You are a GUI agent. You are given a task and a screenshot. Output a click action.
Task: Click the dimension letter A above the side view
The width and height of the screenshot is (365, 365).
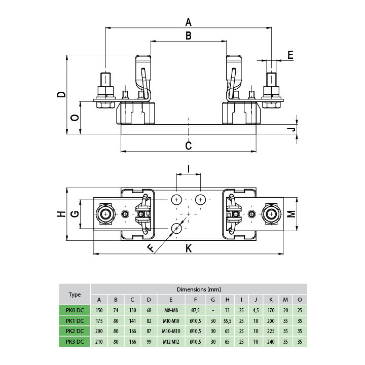pyautogui.click(x=188, y=22)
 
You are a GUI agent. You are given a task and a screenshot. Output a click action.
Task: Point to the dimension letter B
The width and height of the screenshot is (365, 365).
pyautogui.click(x=188, y=36)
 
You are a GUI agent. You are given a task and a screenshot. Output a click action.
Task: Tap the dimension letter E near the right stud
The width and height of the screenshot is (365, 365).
pyautogui.click(x=290, y=55)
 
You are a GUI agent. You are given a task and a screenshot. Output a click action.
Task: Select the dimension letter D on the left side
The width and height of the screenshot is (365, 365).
pyautogui.click(x=62, y=94)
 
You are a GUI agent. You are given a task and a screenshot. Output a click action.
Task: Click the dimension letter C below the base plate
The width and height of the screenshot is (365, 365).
pyautogui.click(x=188, y=145)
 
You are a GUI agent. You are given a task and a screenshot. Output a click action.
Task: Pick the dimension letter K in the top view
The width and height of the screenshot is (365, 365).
pyautogui.click(x=189, y=248)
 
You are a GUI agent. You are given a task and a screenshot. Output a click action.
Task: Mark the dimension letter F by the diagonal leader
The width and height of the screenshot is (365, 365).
pyautogui.click(x=151, y=248)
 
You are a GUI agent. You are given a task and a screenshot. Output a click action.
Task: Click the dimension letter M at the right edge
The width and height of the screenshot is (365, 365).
pyautogui.click(x=291, y=214)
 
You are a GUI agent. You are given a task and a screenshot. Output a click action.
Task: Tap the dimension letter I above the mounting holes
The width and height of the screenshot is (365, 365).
pyautogui.click(x=188, y=168)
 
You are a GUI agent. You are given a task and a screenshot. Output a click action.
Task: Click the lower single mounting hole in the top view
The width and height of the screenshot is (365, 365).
pyautogui.click(x=177, y=228)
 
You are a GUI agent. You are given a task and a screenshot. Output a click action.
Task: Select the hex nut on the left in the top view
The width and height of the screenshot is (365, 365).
pyautogui.click(x=105, y=214)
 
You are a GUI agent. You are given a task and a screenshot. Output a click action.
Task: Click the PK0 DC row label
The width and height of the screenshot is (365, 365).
pyautogui.click(x=75, y=310)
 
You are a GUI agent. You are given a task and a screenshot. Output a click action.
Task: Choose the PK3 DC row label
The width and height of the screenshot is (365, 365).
pyautogui.click(x=75, y=342)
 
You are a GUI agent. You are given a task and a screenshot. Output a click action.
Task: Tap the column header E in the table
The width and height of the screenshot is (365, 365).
pyautogui.click(x=171, y=300)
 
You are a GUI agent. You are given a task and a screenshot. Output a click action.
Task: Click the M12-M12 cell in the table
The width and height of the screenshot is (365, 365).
pyautogui.click(x=171, y=342)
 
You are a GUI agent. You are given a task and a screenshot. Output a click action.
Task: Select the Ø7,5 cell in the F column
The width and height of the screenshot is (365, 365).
pyautogui.click(x=195, y=310)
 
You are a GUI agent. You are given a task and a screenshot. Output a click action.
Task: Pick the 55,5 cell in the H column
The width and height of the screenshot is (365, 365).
pyautogui.click(x=227, y=321)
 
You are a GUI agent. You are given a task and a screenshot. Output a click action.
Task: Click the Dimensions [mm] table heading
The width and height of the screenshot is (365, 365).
pyautogui.click(x=199, y=289)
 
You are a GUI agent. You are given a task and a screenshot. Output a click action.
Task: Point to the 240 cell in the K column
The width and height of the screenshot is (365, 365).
pyautogui.click(x=271, y=342)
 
